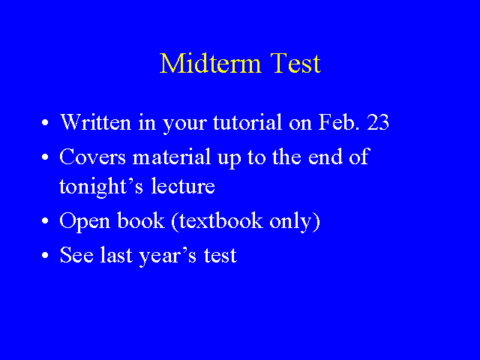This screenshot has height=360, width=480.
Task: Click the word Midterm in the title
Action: [x=210, y=63]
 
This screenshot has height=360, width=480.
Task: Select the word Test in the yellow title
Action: [x=295, y=63]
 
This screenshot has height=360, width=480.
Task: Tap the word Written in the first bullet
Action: [x=95, y=122]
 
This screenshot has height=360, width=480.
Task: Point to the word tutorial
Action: [x=247, y=122]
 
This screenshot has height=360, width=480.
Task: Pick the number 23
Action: [x=378, y=122]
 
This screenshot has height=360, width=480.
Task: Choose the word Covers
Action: [x=92, y=157]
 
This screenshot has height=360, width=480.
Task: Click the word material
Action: [x=172, y=157]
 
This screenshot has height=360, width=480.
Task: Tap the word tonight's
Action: [x=101, y=187]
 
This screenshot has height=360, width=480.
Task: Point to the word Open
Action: [x=85, y=221]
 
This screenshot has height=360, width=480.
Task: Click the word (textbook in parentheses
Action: [x=217, y=221]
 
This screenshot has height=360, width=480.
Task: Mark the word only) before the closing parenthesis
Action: [x=295, y=221]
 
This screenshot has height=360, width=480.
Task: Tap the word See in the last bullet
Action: [x=76, y=255]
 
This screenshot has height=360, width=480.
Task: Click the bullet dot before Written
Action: [x=45, y=122]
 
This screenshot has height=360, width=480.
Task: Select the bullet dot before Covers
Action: [x=45, y=157]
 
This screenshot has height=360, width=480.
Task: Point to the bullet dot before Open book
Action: [x=45, y=220]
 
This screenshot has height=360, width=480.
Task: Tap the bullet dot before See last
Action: [x=45, y=255]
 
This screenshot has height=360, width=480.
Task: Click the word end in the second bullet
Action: [x=325, y=157]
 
